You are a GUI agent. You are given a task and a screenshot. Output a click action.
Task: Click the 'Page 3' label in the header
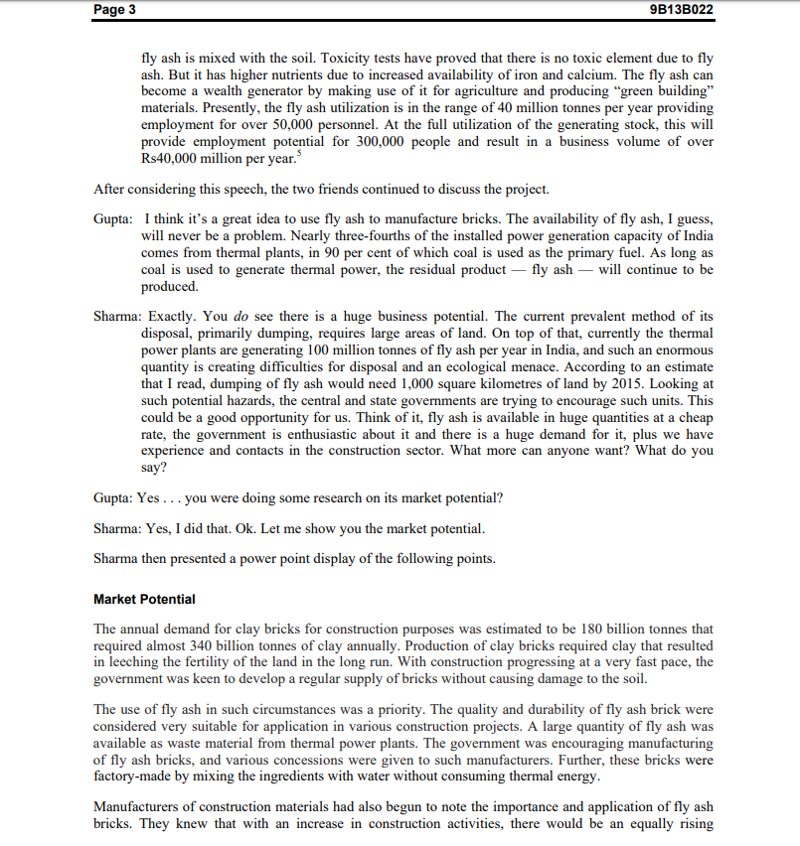115,9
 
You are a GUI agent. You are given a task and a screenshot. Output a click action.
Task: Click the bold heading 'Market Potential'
144,599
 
